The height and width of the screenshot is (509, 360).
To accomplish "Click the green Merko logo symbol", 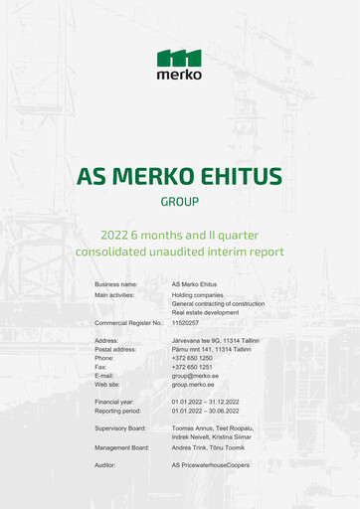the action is coord(179,58).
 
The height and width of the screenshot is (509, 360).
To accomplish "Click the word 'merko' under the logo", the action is coord(179,75).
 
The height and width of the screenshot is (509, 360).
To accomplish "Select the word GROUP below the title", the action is coord(180,201).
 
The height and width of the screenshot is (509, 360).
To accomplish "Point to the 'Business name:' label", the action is coord(116,284).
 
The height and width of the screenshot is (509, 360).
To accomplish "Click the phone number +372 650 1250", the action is coord(192,358).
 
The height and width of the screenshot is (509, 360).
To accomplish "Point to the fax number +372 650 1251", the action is coord(192,367).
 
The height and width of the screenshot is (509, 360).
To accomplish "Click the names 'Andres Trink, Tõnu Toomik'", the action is coord(208,447).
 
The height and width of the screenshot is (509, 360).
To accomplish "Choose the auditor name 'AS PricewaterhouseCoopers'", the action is coord(211,464).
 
